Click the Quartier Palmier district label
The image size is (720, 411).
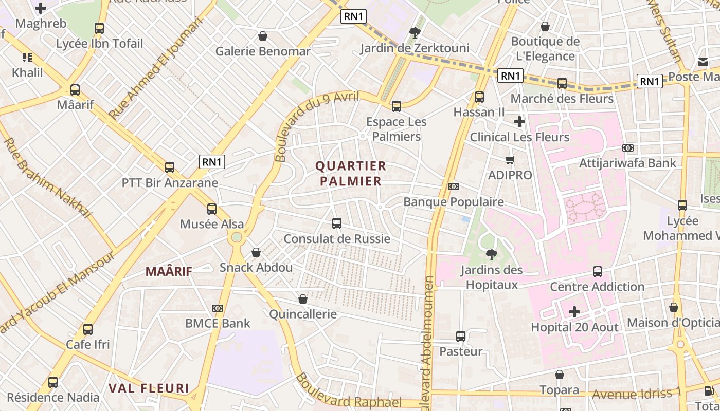351,173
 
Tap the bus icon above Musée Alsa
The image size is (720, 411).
212,209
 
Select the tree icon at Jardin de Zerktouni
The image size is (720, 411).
415,33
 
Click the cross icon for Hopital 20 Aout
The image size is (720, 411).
574,312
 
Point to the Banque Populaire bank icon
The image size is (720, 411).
453,186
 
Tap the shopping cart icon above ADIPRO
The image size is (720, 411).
510,160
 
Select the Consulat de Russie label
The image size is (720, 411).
337,239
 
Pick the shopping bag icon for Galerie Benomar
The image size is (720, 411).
263,36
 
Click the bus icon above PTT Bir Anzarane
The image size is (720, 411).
170,167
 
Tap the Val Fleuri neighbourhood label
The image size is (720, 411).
149,388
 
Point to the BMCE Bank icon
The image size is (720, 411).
218,308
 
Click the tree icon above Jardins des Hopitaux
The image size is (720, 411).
491,254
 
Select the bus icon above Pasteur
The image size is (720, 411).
461,337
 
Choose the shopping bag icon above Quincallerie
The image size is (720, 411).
303,299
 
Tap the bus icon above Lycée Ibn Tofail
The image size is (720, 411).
99,28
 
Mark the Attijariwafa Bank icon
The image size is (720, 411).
627,148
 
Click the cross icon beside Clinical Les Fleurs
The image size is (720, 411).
519,122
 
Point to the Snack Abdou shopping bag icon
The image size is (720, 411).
256,252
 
